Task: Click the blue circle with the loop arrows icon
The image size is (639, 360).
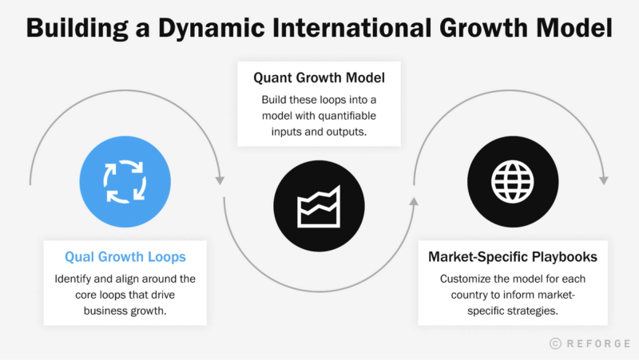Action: pyautogui.click(x=125, y=181)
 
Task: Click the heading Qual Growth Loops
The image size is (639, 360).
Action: pyautogui.click(x=125, y=257)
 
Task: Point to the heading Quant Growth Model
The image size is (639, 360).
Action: pyautogui.click(x=319, y=78)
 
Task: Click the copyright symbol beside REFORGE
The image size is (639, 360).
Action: pyautogui.click(x=556, y=343)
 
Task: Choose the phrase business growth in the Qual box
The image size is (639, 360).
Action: pyautogui.click(x=125, y=312)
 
